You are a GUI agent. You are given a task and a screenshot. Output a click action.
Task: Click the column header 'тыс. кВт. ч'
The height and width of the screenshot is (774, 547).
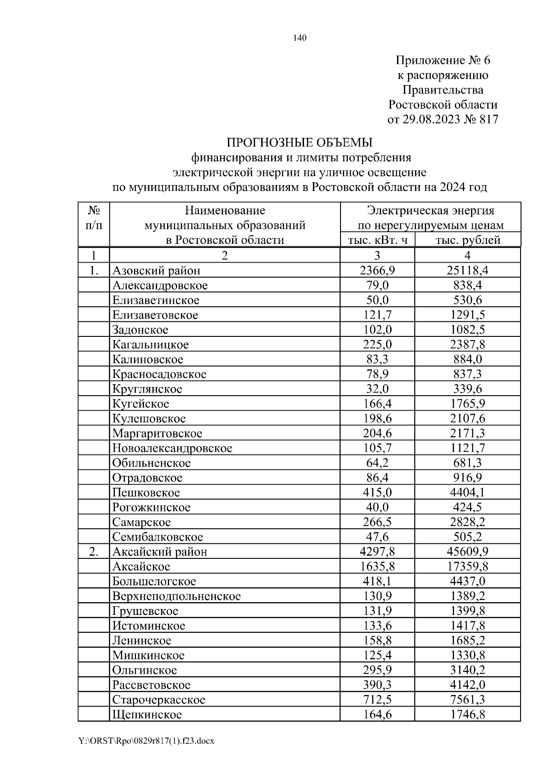click(x=377, y=240)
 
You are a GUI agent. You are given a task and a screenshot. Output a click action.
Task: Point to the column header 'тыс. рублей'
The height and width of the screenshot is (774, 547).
click(x=468, y=240)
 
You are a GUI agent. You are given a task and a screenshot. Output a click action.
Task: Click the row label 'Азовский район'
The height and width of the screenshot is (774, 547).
click(x=156, y=271)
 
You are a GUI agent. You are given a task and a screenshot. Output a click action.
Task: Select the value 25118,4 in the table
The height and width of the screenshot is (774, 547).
click(x=468, y=271)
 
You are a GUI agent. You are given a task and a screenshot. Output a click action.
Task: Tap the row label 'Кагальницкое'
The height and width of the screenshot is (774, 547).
click(x=150, y=345)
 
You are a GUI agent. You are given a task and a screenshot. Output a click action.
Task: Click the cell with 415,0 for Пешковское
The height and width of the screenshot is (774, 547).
click(x=377, y=493)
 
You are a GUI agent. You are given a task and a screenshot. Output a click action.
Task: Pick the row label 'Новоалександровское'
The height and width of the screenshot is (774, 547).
click(x=172, y=448)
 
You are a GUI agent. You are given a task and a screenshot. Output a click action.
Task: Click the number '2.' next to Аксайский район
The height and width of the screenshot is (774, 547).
click(x=93, y=552)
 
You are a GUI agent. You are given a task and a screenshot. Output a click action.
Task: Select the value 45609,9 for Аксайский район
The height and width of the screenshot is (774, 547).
click(x=468, y=552)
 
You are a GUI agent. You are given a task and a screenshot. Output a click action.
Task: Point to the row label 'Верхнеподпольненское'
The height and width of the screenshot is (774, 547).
click(x=176, y=596)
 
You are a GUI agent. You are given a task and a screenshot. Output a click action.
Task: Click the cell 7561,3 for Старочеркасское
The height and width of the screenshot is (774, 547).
click(x=468, y=700)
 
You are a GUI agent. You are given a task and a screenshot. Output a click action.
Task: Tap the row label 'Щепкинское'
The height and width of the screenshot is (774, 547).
click(x=147, y=715)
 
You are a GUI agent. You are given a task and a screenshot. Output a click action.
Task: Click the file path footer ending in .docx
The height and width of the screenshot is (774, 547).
click(x=146, y=741)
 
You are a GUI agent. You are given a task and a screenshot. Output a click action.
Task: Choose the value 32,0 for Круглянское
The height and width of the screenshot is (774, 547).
click(x=377, y=389)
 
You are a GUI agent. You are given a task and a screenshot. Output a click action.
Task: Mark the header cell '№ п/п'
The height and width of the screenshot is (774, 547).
click(x=93, y=218)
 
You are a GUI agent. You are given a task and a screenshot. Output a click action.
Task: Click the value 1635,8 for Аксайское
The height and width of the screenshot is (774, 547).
click(x=377, y=567)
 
